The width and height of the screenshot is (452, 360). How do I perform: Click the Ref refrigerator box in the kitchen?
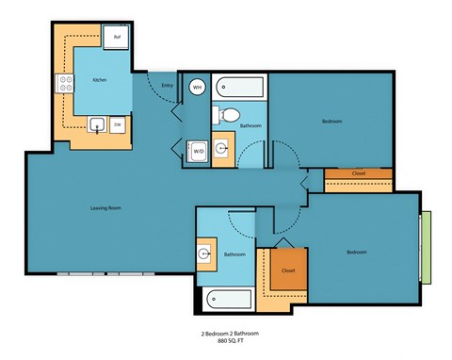[118, 36]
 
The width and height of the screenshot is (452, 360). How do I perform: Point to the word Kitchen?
[99, 80]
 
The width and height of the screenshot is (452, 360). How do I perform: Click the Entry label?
[167, 86]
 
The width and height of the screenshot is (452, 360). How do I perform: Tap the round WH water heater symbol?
[197, 87]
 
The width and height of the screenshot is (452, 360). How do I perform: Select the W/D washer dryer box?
[199, 151]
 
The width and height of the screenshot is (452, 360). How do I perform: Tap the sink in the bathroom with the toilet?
[222, 149]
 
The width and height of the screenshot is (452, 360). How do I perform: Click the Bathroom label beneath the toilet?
[250, 125]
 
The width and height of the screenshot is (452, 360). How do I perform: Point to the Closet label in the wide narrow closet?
[358, 173]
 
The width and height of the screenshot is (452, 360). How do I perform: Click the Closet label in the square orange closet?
[288, 270]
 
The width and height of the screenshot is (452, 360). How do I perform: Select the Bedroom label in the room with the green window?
[356, 252]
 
